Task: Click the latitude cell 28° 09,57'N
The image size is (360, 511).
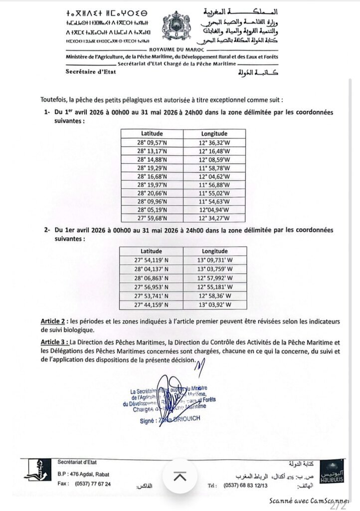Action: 152,142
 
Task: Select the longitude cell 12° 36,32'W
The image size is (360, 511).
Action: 214,142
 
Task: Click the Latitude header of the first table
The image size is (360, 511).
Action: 152,133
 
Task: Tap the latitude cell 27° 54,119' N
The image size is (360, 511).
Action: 152,260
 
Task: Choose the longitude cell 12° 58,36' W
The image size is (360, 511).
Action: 214,296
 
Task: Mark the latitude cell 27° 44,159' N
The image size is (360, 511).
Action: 152,305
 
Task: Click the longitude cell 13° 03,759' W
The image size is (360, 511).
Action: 214,269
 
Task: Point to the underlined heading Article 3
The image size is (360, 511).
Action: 54,342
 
